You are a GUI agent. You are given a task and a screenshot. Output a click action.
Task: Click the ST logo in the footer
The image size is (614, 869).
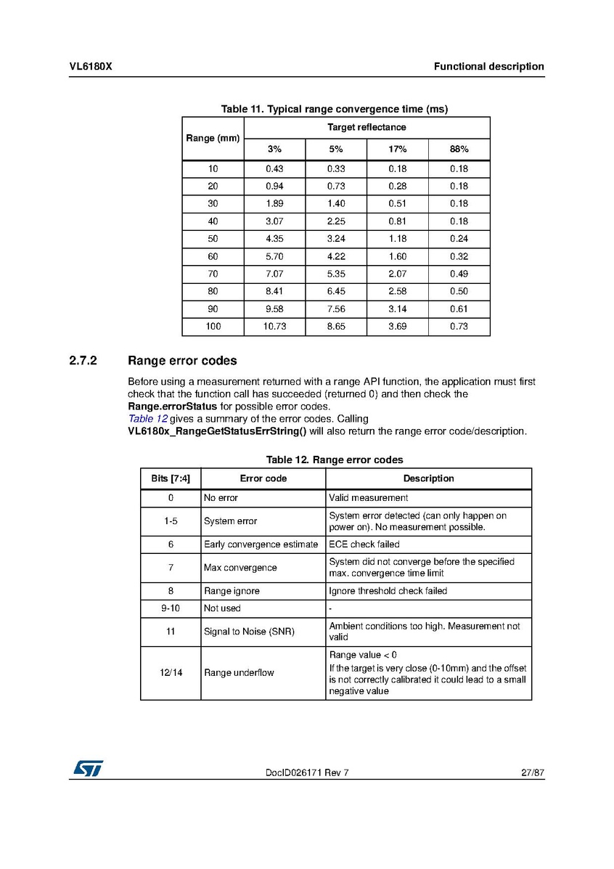point(87,768)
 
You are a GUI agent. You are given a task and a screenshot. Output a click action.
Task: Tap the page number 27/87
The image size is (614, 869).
point(532,772)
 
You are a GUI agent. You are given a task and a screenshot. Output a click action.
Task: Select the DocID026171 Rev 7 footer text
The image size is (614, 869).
point(307,772)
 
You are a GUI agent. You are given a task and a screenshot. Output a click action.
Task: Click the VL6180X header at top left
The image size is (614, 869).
point(91,67)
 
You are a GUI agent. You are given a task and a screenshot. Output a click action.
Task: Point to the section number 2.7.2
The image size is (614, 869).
point(83,361)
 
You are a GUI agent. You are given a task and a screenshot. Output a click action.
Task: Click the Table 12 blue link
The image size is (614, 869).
point(148,419)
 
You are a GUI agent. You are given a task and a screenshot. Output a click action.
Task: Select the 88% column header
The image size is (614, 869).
point(459,150)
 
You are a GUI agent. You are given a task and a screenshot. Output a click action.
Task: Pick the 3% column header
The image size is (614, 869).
point(274,150)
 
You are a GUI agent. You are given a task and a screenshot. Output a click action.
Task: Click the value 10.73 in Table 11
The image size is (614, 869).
point(274,327)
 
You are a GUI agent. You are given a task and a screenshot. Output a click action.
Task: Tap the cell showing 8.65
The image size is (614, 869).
point(336,327)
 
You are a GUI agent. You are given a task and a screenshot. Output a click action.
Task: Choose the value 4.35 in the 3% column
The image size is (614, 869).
point(274,239)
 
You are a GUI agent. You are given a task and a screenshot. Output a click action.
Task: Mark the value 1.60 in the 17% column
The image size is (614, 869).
point(397,256)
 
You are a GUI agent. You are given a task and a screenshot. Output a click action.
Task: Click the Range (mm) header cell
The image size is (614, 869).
point(213,138)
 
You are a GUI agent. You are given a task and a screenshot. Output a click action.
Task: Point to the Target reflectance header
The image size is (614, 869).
point(367,127)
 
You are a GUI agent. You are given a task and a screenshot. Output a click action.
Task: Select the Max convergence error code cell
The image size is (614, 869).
point(240,568)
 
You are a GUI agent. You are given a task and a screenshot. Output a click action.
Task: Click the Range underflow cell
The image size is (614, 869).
point(239,673)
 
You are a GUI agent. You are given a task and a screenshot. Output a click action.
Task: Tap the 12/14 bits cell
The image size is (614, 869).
point(171,673)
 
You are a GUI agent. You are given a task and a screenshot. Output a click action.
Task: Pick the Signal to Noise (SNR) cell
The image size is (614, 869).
point(249,632)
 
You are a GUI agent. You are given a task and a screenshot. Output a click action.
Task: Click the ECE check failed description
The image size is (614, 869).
point(364,544)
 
